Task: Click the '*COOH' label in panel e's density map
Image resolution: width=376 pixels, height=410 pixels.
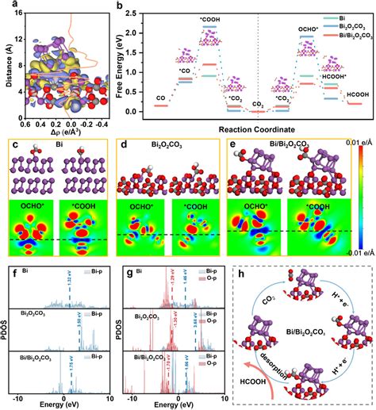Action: pyautogui.click(x=311, y=204)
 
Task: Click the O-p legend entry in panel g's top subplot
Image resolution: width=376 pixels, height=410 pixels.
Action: pyautogui.click(x=216, y=277)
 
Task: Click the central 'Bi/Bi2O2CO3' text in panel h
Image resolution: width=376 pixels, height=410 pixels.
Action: pyautogui.click(x=306, y=336)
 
